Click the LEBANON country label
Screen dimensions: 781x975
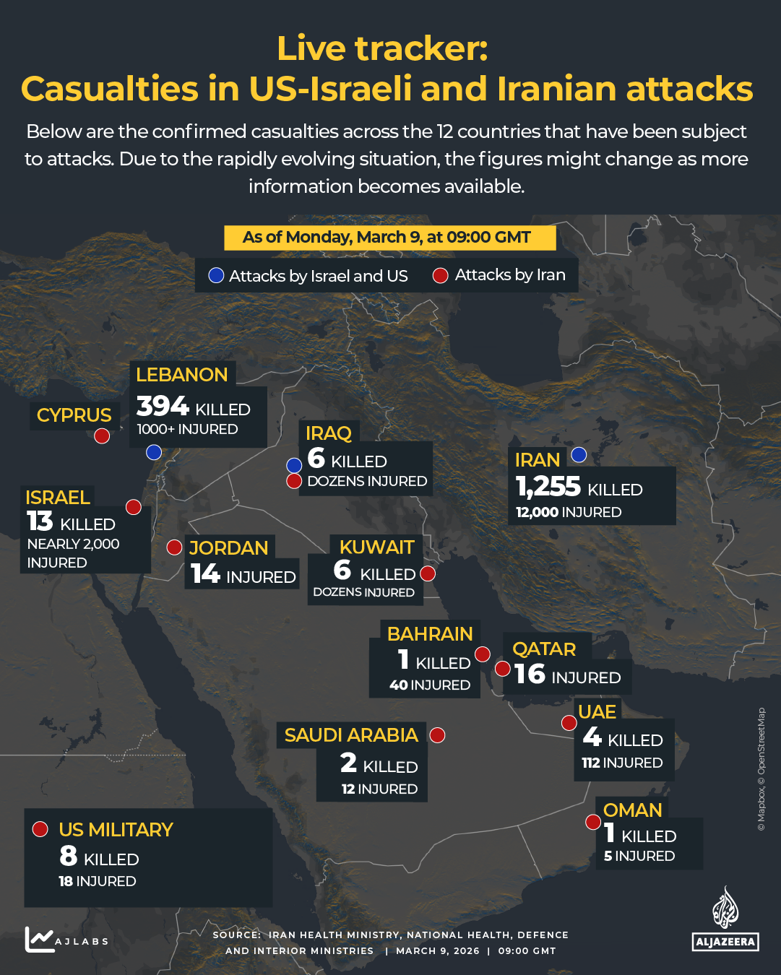tap(181, 375)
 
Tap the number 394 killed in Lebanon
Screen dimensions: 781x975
tap(163, 407)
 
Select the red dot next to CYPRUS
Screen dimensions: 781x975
tap(102, 435)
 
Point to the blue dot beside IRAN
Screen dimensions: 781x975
tap(579, 455)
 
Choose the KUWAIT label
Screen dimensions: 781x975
tap(376, 547)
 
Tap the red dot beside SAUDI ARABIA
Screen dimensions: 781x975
tap(437, 735)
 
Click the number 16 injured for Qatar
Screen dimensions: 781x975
tap(530, 675)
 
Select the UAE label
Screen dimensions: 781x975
tap(597, 712)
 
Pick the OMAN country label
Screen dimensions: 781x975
tap(632, 810)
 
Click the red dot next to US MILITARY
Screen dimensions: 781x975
tap(40, 829)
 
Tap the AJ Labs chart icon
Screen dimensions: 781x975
tap(40, 939)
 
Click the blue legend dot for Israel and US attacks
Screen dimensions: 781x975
tap(216, 275)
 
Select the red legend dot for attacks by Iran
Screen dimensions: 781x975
tap(440, 275)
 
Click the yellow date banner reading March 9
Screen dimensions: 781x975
tap(389, 238)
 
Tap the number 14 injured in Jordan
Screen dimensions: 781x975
tap(205, 574)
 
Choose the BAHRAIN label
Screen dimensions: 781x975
tap(430, 634)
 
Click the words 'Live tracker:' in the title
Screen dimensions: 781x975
tap(382, 49)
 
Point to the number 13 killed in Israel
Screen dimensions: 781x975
tap(40, 521)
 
